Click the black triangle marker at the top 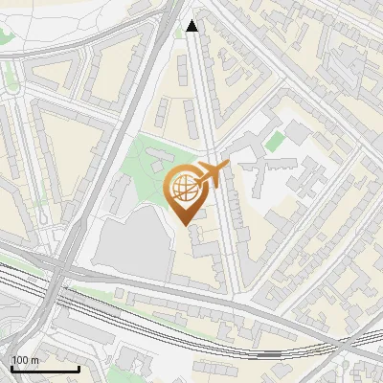pos(192,26)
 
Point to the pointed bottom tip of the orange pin pos(186,226)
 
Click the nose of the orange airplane pos(226,167)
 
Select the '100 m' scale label pos(25,360)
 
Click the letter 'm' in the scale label pos(34,360)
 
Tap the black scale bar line pos(44,369)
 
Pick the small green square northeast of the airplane pos(275,142)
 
